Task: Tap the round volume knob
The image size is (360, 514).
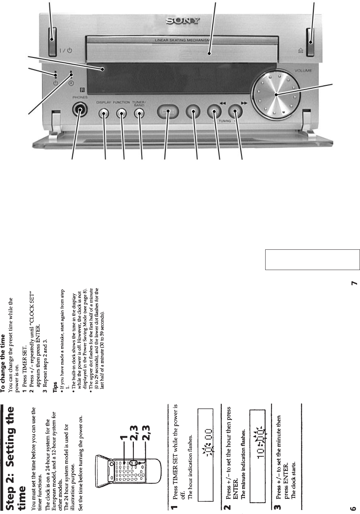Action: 276,95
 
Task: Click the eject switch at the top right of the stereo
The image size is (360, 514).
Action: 311,42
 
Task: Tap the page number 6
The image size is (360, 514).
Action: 354,506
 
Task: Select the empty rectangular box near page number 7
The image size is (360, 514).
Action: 312,260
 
